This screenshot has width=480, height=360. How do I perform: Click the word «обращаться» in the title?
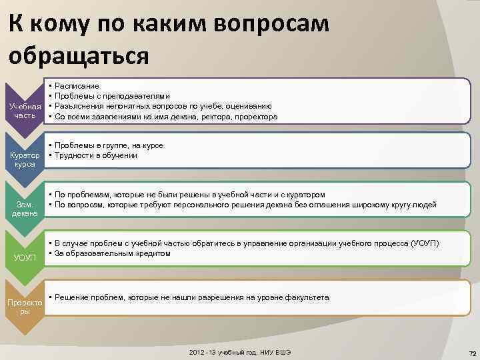(78, 54)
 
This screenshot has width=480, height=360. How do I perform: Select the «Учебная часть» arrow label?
(24, 111)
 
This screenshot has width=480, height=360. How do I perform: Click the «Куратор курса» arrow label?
(24, 160)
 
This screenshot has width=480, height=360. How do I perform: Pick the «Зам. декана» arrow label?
(24, 209)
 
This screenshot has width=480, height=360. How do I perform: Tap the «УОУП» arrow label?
(24, 257)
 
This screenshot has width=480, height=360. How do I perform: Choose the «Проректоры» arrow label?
(24, 307)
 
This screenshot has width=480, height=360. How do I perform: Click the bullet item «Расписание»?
(77, 86)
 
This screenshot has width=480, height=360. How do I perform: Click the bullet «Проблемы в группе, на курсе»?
(109, 145)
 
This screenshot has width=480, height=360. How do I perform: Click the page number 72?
(471, 352)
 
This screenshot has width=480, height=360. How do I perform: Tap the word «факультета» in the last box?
(307, 297)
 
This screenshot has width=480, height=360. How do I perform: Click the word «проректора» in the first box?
(255, 117)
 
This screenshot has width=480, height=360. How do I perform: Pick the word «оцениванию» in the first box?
(249, 106)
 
